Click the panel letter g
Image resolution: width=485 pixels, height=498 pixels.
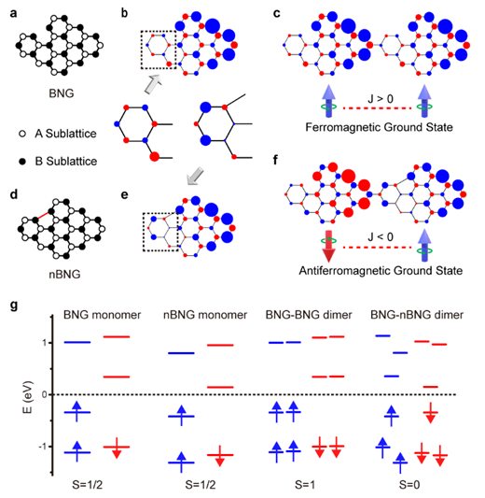(14, 306)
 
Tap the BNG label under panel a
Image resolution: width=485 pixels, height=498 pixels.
(62, 93)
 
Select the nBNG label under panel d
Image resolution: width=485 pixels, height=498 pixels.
(64, 274)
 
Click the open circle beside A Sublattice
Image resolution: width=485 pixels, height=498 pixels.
(22, 134)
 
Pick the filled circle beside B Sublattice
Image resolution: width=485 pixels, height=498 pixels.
(22, 162)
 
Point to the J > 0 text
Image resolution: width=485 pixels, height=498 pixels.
(381, 99)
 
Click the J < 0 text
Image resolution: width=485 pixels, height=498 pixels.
(381, 237)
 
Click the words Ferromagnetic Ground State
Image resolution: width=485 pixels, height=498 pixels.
(379, 127)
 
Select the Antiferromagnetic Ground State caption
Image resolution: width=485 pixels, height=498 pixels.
(381, 271)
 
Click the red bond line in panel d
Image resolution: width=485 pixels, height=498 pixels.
(44, 215)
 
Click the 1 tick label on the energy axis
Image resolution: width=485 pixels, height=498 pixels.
(44, 343)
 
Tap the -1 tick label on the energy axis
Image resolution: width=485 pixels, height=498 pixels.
(43, 447)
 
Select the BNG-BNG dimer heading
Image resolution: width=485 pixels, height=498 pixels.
(309, 315)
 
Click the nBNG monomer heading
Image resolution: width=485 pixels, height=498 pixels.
(205, 315)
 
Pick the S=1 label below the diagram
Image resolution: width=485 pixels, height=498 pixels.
(305, 485)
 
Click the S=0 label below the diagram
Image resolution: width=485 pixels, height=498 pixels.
(409, 485)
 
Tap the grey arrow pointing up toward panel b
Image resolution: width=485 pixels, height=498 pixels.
(153, 84)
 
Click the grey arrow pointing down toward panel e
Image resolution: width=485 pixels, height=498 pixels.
(195, 177)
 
